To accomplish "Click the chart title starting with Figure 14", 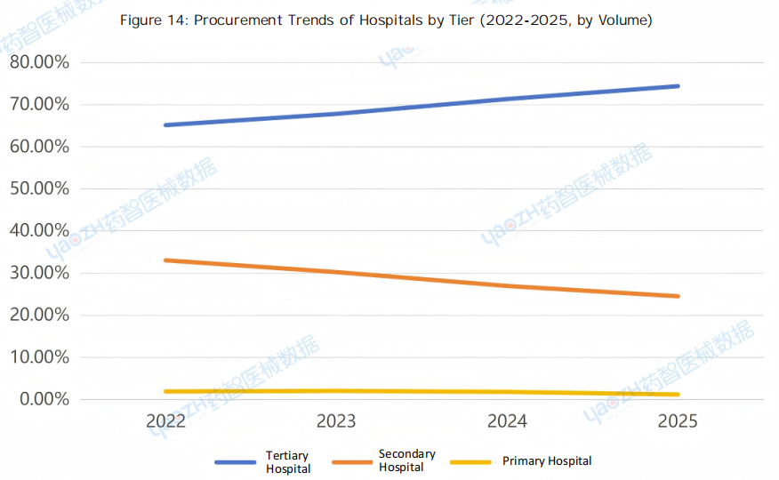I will [386, 20].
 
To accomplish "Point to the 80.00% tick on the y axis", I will [39, 62].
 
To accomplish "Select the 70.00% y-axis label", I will [39, 105].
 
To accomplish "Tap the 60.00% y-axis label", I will [39, 147].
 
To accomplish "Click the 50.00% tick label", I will [39, 188].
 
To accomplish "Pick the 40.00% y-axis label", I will [39, 231].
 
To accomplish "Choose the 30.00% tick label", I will [39, 273].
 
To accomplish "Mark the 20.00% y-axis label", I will [39, 315].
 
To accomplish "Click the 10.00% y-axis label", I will [39, 357].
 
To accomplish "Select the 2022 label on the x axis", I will [165, 421].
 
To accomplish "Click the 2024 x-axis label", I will [507, 421].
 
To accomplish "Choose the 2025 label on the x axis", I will [678, 421].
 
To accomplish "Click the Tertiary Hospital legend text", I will [288, 462].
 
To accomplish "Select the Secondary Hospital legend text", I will [406, 460].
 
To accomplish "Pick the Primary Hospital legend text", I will [547, 461].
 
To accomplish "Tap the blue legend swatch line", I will [237, 462].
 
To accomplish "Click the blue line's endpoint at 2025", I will [678, 86].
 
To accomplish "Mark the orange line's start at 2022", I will [165, 260].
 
